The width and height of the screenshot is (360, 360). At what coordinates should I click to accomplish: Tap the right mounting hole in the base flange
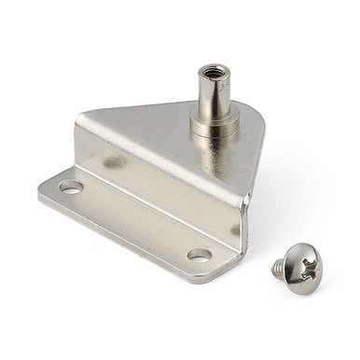pos(199,254)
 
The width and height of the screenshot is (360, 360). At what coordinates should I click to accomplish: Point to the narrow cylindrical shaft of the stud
pos(212,93)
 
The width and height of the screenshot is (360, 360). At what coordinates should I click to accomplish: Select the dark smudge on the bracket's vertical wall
pos(115,162)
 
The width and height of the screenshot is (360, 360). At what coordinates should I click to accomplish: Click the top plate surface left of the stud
pos(149,117)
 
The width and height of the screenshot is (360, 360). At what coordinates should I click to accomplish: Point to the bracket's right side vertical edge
pos(247,205)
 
